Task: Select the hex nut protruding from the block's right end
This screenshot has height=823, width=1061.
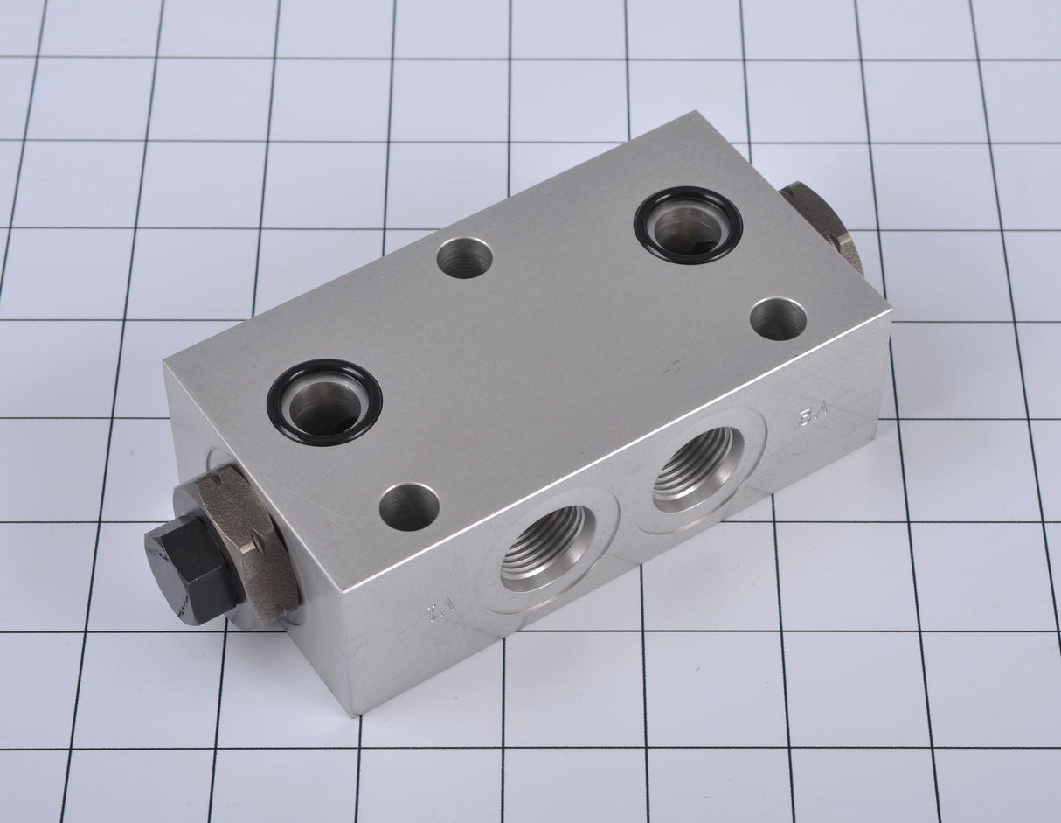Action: coord(826,224)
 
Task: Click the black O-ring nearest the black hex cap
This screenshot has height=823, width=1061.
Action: coord(324,401)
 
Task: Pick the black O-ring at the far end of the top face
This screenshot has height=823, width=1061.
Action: coord(688,224)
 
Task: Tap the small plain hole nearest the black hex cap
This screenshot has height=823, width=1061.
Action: coord(409,506)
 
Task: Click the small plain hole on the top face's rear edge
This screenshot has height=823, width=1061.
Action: coord(464,257)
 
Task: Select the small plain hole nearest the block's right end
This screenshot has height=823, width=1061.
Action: coord(778,318)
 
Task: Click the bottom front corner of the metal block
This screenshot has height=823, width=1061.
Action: coord(354,713)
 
